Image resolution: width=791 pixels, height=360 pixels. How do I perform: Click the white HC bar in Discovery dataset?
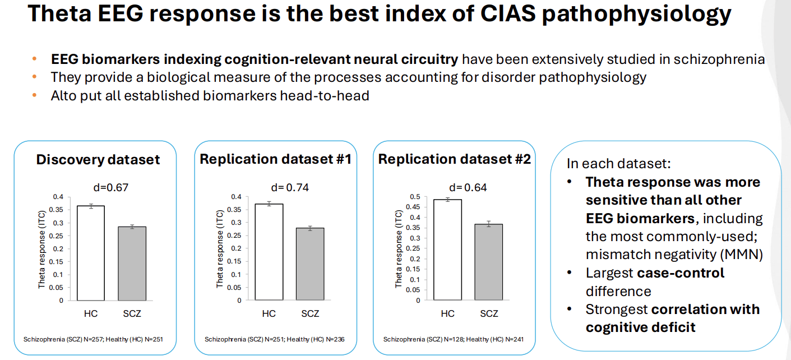[x=91, y=253]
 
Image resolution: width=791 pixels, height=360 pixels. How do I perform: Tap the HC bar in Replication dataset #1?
[x=269, y=252]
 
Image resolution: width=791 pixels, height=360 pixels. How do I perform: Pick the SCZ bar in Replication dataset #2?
[x=489, y=262]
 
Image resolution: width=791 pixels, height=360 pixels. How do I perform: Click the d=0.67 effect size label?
[x=110, y=187]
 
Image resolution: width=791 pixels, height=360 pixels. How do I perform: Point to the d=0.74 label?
[x=290, y=187]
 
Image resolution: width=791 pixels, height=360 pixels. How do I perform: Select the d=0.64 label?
[x=468, y=187]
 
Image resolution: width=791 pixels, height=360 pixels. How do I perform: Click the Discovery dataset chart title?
[x=98, y=160]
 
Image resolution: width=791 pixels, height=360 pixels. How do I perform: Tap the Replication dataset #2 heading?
[x=455, y=159]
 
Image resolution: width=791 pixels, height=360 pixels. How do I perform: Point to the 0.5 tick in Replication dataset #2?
[x=414, y=197]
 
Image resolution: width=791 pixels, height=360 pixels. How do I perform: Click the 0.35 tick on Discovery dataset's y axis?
[x=58, y=210]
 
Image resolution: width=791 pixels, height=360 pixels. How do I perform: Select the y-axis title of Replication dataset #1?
[x=220, y=249]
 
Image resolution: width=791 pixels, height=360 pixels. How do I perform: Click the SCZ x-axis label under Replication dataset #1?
[x=310, y=313]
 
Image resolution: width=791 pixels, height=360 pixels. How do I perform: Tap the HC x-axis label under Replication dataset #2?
[x=447, y=313]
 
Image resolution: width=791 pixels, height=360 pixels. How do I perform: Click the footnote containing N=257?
[x=92, y=339]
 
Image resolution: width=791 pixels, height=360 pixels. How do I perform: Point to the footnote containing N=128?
[x=453, y=339]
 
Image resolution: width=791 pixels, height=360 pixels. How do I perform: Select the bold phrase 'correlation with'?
[x=705, y=310]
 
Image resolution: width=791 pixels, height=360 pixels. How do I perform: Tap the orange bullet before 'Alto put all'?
[x=35, y=95]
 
